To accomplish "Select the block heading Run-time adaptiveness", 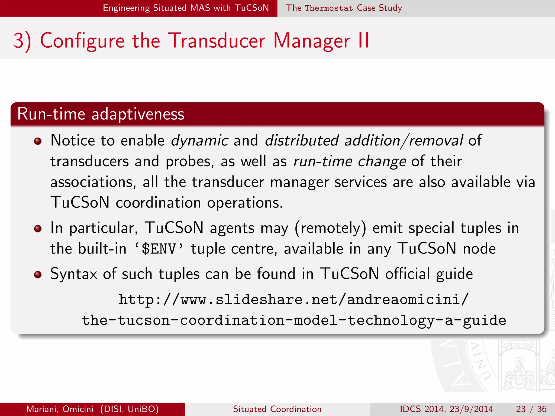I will [101, 114].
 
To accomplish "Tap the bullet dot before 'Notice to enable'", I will [38, 141].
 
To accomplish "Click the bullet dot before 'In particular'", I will [38, 229].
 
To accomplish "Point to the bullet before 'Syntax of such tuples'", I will [38, 275].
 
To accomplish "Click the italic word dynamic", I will [199, 141].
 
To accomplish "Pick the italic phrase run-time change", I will [350, 161].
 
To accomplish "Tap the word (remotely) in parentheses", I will [330, 228].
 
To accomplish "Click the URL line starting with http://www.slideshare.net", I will [294, 300].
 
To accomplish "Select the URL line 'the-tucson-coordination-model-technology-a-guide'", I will [294, 320].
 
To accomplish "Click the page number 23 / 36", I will [531, 409].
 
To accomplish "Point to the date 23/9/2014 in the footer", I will [471, 409].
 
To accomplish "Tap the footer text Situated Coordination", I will [277, 409].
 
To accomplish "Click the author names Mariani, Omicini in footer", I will [60, 409].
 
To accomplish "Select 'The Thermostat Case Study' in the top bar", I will [344, 8].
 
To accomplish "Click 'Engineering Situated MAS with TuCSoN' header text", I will [186, 8].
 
